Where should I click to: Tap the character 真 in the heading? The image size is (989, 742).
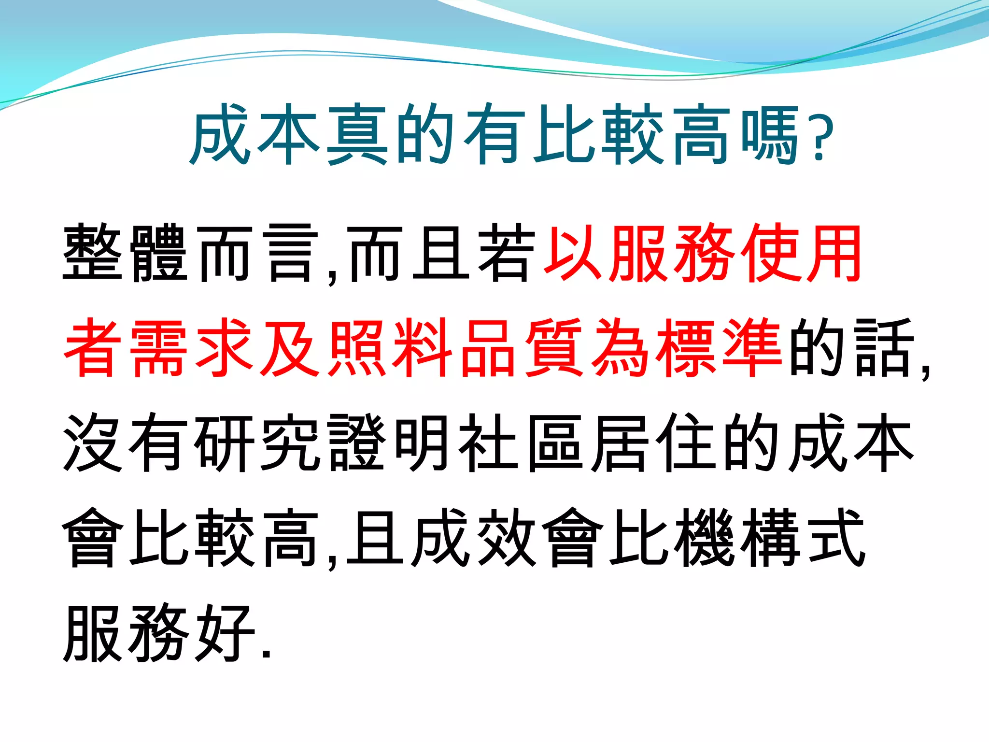point(357,134)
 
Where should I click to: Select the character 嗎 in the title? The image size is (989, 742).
point(770,134)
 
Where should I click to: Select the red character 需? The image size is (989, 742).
point(159,347)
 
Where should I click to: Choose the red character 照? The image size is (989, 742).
point(357,347)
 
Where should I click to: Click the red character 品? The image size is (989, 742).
point(489,347)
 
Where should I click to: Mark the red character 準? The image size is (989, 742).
point(753,347)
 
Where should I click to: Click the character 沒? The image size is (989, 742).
point(92,442)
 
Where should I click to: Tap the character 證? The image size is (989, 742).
point(357,442)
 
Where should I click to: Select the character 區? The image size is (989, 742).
point(555,442)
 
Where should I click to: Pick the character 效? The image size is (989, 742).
point(507,537)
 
